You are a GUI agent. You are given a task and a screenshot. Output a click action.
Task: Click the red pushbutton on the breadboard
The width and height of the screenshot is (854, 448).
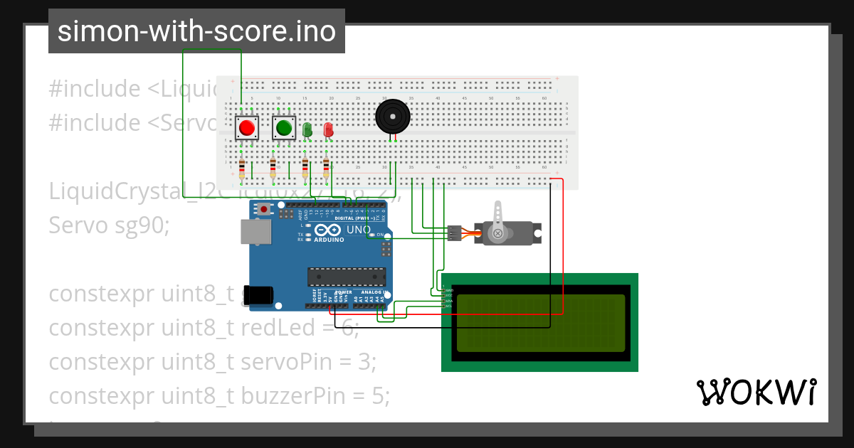247,128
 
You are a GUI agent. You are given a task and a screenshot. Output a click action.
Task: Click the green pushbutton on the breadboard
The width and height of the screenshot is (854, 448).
284,128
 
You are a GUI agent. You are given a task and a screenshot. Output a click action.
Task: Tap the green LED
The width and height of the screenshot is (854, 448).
307,130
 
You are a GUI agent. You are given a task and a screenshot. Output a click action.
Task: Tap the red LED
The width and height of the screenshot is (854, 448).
328,130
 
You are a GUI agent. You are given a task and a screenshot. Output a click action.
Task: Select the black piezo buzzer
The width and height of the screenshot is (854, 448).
392,116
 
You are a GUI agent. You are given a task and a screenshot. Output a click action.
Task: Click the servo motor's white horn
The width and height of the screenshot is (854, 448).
499,217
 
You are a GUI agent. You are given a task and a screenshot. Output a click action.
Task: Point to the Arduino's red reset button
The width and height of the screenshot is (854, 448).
265,209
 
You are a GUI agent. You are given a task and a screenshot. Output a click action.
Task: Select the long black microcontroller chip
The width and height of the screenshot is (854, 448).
347,277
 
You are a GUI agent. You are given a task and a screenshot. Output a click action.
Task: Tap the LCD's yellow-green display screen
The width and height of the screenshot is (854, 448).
540,324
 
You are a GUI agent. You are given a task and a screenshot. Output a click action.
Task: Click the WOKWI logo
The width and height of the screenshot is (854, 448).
756,392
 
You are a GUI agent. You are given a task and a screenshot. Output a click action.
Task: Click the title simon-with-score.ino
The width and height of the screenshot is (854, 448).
196,31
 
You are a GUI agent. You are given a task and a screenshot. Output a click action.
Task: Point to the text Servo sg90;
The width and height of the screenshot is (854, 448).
110,225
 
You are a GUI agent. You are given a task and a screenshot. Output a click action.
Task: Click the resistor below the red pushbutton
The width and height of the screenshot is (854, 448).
242,169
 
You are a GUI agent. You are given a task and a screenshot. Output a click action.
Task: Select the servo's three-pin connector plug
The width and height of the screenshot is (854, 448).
453,233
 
